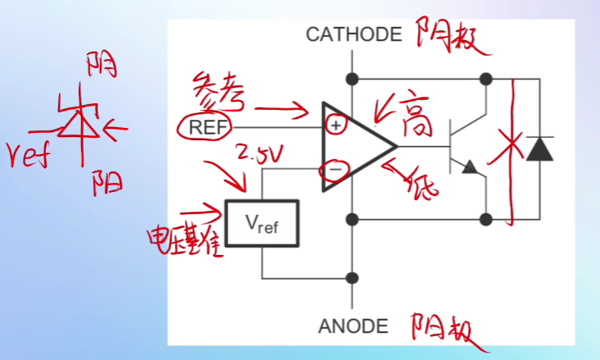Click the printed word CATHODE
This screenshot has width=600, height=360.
(x=353, y=34)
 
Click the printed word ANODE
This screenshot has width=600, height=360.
(x=352, y=326)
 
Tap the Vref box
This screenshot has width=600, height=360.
(x=262, y=222)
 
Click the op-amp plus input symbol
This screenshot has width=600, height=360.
(x=335, y=125)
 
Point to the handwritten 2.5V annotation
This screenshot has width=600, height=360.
(x=258, y=153)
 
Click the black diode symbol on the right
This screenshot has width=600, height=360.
(x=539, y=149)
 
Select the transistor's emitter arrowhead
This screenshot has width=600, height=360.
(x=470, y=167)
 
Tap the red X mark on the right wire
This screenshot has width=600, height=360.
(x=512, y=150)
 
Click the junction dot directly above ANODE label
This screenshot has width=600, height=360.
(x=353, y=277)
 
